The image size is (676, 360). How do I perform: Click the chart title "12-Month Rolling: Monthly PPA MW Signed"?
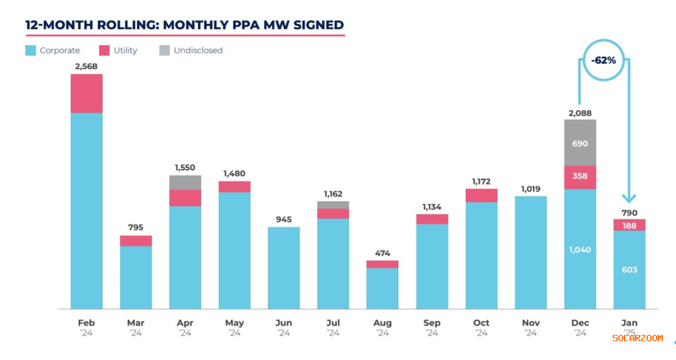pos(184,25)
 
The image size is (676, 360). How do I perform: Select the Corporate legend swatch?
pos(31,50)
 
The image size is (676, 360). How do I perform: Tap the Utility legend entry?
pos(119,50)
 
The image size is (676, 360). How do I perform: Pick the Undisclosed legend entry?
pos(191,50)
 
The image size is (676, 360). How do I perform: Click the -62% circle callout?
pos(603,61)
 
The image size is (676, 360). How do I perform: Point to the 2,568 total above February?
pos(87,66)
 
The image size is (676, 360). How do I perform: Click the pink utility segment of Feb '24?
pos(87,93)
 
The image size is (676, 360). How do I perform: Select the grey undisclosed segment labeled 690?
pos(580,143)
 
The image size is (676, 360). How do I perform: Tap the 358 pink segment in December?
pos(580,177)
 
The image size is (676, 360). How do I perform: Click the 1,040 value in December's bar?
pos(580,250)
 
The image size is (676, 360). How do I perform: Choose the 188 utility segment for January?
pos(630,225)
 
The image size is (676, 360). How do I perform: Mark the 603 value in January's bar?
pos(630,270)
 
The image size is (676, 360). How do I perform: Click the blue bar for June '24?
pos(283,268)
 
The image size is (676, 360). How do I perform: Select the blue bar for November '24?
pos(531,252)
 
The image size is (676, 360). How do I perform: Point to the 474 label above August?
pos(383,253)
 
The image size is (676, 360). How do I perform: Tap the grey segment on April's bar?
pos(185,183)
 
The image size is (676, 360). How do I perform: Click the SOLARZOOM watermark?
pos(637,338)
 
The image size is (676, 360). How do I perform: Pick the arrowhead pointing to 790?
pos(629,198)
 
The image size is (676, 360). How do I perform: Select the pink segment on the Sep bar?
pos(432,219)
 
